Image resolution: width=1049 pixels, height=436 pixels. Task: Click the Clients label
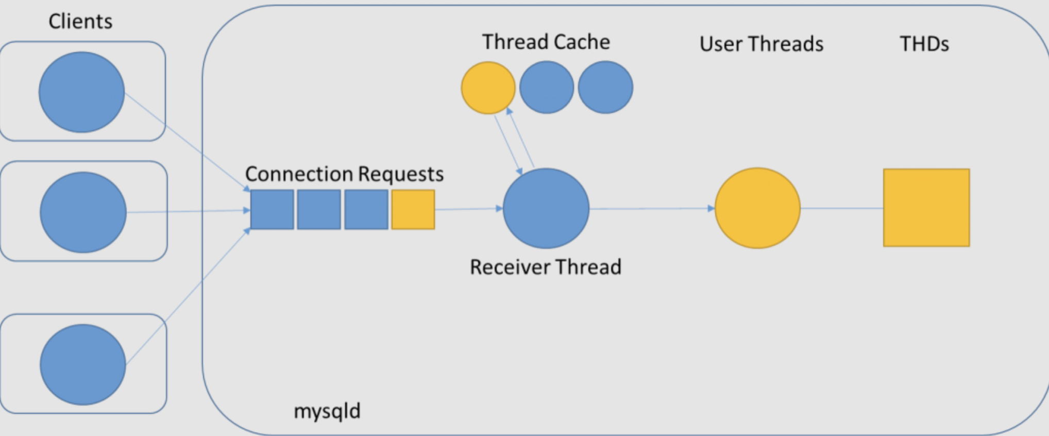tap(80, 21)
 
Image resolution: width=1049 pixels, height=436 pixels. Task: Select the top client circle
tap(81, 92)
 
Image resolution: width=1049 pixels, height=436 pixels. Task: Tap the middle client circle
tap(83, 212)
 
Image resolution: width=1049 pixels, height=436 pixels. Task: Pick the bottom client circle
tap(83, 364)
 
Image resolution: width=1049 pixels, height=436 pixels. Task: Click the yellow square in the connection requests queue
tap(413, 209)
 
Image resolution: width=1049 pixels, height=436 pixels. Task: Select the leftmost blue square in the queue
tap(272, 209)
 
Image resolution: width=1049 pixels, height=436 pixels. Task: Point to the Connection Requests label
tap(344, 174)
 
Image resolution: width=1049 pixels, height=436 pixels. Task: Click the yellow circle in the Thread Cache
tap(488, 88)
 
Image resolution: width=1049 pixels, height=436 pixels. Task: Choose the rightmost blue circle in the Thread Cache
tap(605, 87)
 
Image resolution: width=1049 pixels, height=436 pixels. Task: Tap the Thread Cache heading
tap(546, 42)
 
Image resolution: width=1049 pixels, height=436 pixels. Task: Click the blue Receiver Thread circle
tap(546, 208)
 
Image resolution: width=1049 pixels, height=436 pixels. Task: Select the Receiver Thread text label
tap(546, 267)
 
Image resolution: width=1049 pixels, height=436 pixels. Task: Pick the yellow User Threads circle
tap(757, 208)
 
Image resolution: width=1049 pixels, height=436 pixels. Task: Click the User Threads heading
tap(762, 44)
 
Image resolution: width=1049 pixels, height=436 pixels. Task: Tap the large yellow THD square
tap(926, 208)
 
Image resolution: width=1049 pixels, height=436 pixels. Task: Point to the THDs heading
tap(924, 44)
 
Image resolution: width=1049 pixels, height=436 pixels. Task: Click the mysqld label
tap(327, 411)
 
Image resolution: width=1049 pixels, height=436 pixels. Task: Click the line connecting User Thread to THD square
tap(842, 208)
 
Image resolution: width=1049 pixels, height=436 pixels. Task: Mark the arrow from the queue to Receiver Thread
tap(469, 209)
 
